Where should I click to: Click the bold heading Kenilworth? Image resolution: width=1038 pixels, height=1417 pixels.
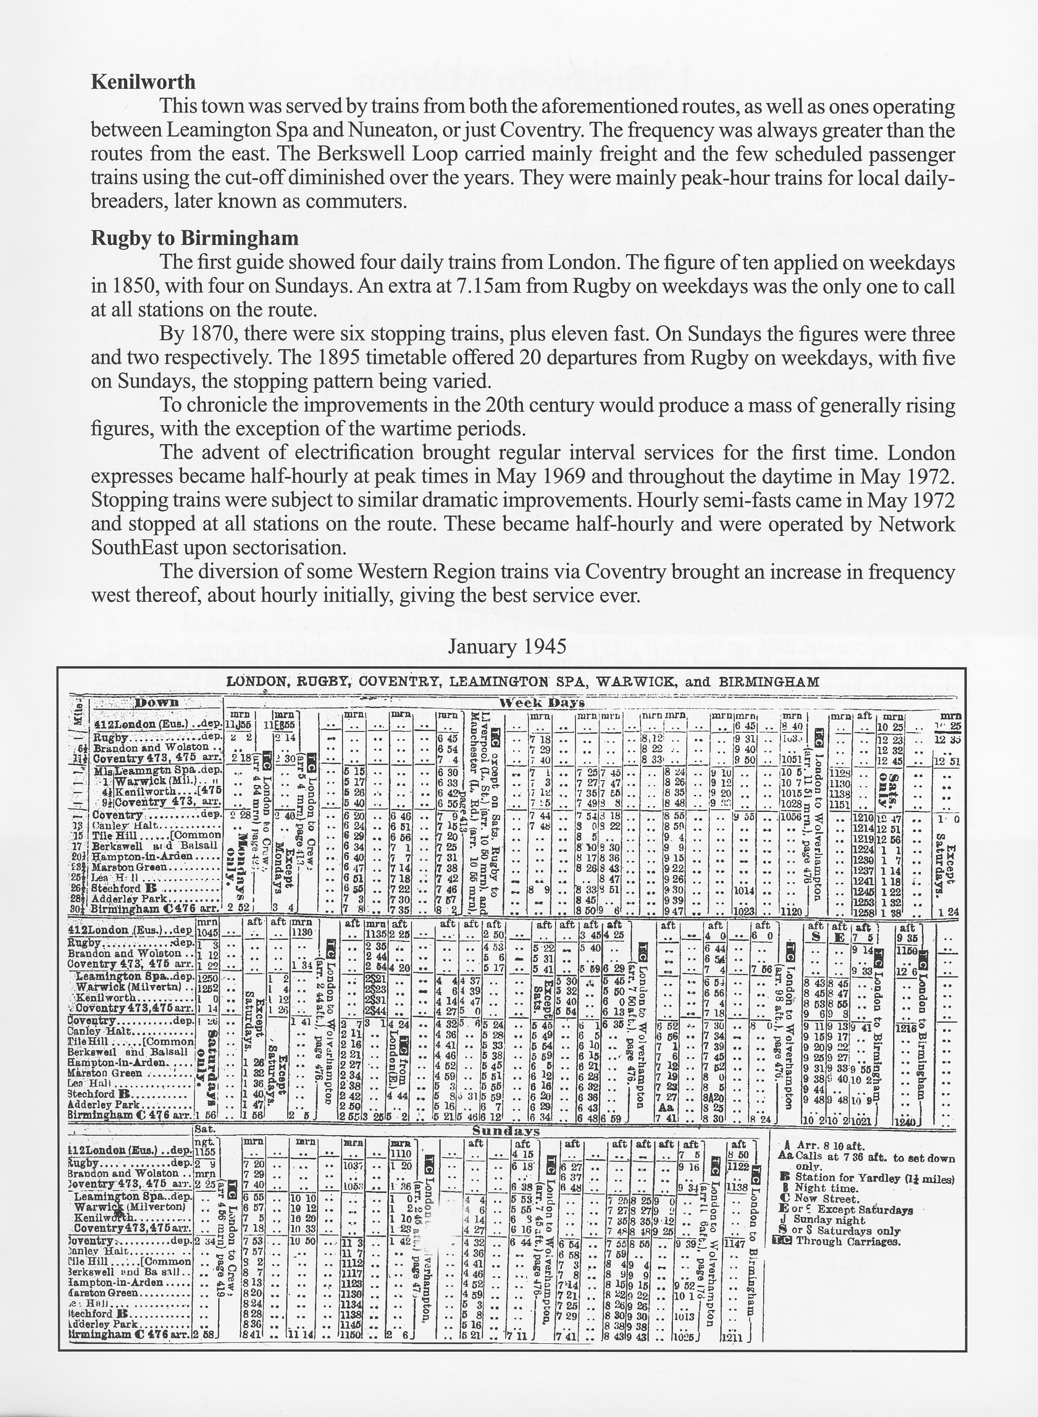tap(143, 82)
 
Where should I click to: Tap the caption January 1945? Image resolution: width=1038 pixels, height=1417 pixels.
tap(507, 647)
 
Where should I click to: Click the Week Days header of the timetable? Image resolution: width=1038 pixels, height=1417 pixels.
tap(541, 703)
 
